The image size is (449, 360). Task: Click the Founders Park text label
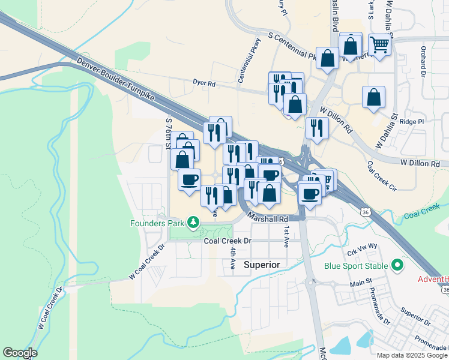158,224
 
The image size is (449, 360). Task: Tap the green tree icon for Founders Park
193,224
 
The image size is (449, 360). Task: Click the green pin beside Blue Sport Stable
397,265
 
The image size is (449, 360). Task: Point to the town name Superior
262,264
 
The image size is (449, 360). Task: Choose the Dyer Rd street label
204,83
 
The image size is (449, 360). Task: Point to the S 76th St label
168,131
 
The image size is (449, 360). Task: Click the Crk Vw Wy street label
362,245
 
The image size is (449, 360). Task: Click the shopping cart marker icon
379,44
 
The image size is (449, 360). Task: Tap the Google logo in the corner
20,353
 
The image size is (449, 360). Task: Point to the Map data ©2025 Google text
412,355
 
